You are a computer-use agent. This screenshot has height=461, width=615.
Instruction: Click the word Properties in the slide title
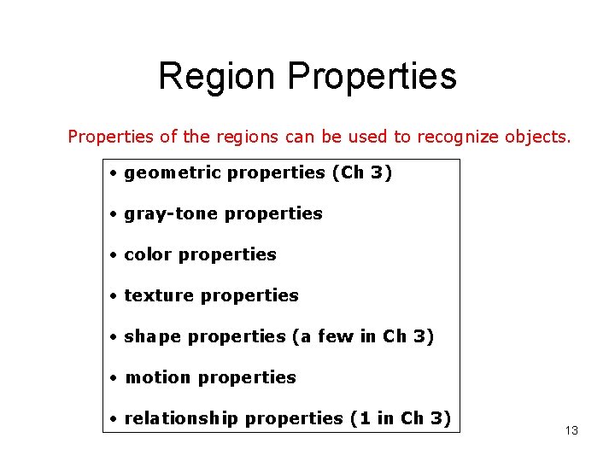point(372,76)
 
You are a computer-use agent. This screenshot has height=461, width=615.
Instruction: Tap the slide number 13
point(571,430)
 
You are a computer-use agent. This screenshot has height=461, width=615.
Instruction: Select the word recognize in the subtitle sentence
point(457,137)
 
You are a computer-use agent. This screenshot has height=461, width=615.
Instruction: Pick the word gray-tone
point(167,214)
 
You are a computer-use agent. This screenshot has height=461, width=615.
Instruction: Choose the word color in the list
point(148,254)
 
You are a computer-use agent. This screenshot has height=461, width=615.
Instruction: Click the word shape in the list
point(153,337)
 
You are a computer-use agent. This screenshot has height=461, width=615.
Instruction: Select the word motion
point(155,377)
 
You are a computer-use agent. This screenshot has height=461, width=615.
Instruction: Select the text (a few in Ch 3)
point(363,337)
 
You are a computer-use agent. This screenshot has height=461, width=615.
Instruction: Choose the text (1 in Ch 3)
point(400,418)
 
